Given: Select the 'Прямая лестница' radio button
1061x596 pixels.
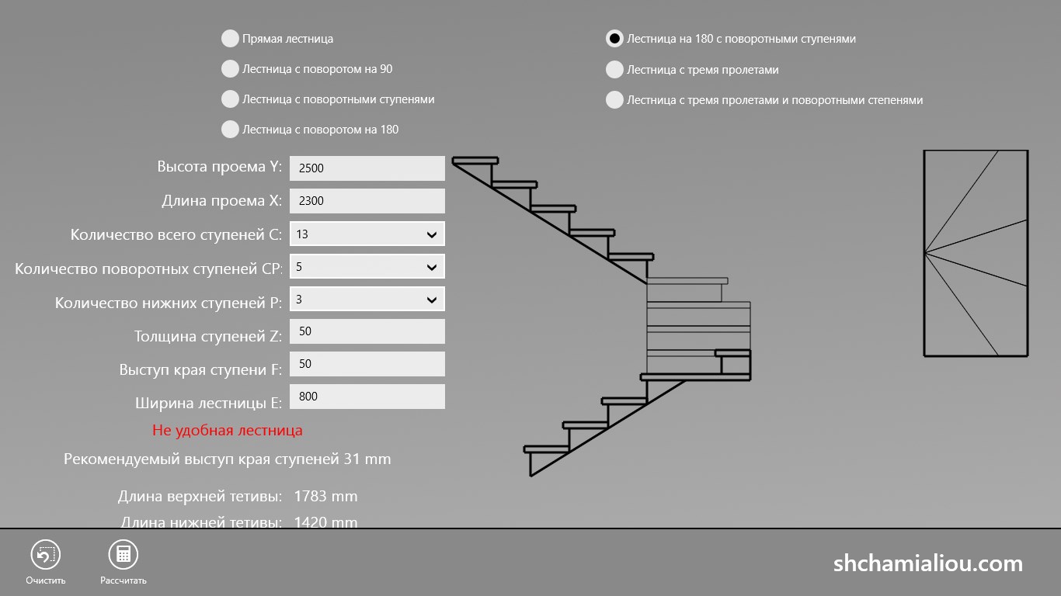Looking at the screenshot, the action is coord(230,38).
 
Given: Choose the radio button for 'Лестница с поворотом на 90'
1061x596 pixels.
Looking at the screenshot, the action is coord(230,68).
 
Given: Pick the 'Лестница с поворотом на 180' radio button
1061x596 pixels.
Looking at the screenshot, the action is coord(230,130).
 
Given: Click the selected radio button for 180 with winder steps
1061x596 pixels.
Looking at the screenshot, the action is coord(614,38).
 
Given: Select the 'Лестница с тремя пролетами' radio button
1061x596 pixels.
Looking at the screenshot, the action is coord(614,70).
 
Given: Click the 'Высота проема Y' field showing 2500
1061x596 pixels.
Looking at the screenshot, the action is coord(367,168).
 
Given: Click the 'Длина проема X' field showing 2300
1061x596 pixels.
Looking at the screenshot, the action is coord(367,201).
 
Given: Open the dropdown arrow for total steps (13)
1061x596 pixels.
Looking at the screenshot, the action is coord(432,234).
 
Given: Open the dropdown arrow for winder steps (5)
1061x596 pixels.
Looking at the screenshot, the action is coord(432,267).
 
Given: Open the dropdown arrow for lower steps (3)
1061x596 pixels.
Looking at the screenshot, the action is coord(432,300).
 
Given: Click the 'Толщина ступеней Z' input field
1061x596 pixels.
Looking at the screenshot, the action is coord(367,331).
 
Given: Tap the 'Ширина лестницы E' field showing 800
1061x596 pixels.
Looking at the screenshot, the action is coord(367,397).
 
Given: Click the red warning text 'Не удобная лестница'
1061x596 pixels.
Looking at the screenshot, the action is coord(228,430).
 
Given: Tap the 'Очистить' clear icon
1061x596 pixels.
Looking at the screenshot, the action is coord(46,554).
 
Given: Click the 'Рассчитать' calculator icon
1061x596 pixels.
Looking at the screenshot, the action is coord(123,554).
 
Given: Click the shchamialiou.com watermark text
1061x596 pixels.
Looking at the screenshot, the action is coord(928,564).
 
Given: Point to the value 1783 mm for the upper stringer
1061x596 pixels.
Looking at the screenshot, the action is coord(326,496).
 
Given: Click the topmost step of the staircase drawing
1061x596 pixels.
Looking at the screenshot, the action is coord(475,161).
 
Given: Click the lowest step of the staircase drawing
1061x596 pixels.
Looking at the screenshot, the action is coord(547,449).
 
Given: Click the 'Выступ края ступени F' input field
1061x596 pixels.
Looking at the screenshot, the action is coord(367,364).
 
